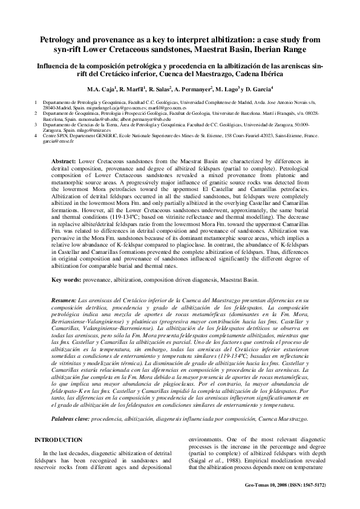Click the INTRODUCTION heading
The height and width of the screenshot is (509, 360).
[58, 439]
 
